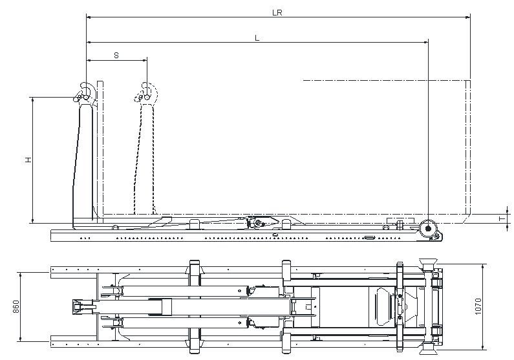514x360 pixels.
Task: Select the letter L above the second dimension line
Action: pyautogui.click(x=257, y=38)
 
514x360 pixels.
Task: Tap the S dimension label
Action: pyautogui.click(x=116, y=56)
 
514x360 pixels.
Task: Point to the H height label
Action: pyautogui.click(x=28, y=159)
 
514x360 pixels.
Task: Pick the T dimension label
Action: pyautogui.click(x=501, y=219)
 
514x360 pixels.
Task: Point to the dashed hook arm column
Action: pyautogui.click(x=145, y=162)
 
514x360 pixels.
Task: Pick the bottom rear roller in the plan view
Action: pyautogui.click(x=427, y=350)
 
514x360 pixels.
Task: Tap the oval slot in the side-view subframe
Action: pyautogui.click(x=369, y=237)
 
